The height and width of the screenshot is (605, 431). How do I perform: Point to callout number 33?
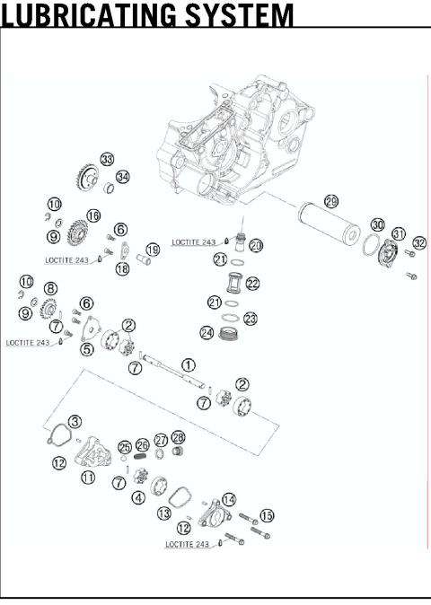107,159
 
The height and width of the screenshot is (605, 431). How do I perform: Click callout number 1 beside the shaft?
188,365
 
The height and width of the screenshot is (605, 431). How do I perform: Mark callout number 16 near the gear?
93,215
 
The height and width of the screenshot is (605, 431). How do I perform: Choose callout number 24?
207,333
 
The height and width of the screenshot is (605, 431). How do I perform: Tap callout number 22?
253,284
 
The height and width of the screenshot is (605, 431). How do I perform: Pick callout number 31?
399,232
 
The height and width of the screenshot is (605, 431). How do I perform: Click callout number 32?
419,242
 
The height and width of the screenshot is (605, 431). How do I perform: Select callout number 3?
75,421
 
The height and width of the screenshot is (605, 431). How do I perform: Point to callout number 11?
88,478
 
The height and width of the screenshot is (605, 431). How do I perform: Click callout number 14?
229,499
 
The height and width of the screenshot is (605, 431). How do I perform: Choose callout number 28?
179,437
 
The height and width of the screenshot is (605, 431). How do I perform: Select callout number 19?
153,250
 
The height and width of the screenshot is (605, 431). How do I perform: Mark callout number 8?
50,288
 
